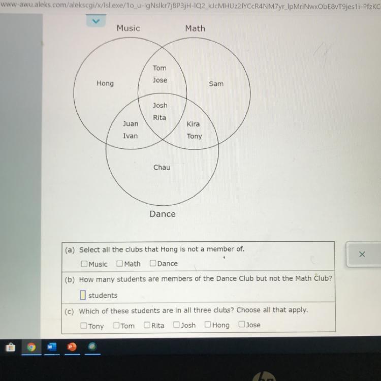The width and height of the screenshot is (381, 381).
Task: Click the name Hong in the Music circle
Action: [105, 83]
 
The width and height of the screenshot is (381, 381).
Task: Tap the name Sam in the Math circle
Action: [216, 83]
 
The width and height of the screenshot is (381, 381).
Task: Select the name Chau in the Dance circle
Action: [162, 167]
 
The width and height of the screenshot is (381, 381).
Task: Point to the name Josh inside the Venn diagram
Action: [160, 106]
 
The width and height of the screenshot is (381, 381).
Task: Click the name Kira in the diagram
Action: [193, 124]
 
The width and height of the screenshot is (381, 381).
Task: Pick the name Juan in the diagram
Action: [130, 123]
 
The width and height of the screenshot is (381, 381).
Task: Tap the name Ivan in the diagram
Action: [130, 136]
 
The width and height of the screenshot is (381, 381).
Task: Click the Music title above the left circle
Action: [128, 28]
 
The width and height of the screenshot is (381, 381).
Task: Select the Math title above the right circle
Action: [195, 28]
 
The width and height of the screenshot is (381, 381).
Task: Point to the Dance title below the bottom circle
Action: [163, 214]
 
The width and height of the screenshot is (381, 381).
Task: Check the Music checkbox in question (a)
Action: [84, 264]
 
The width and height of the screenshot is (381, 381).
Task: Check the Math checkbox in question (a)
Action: [120, 264]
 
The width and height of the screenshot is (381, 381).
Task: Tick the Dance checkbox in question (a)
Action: [153, 264]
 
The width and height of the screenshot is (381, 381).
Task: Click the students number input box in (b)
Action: [83, 295]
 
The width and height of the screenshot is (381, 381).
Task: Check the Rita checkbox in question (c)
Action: [147, 325]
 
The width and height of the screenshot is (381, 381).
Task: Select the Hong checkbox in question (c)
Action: [208, 325]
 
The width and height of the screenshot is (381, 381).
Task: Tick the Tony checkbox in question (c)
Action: [84, 325]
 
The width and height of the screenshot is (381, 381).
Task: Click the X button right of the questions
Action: [362, 254]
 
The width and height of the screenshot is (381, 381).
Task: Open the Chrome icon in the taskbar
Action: [31, 347]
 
